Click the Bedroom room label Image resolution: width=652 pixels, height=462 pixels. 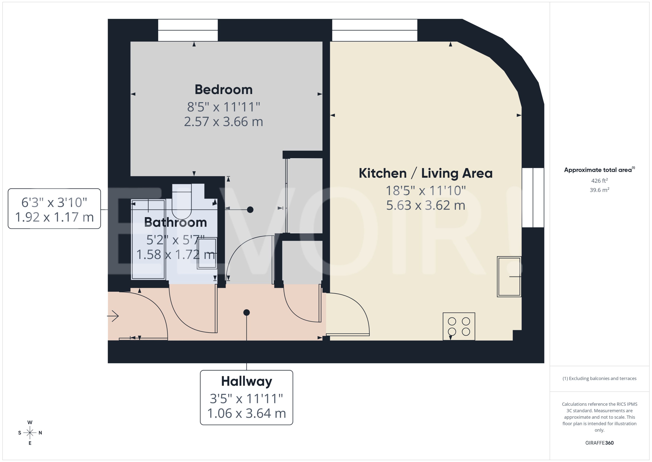point(223,90)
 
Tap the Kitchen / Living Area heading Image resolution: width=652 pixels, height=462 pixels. point(425,173)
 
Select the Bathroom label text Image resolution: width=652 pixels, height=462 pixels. point(175,222)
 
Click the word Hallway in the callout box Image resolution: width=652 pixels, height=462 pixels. point(246,381)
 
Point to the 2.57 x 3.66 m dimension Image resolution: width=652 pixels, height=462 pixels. point(223,122)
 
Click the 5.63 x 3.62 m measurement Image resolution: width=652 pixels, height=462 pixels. point(425,205)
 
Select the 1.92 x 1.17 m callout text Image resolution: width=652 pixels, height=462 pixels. point(54,217)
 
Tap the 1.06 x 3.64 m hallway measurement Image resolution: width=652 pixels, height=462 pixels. point(246,413)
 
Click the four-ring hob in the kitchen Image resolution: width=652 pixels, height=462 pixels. point(458,326)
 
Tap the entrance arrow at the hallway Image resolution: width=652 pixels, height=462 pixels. point(113,316)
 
